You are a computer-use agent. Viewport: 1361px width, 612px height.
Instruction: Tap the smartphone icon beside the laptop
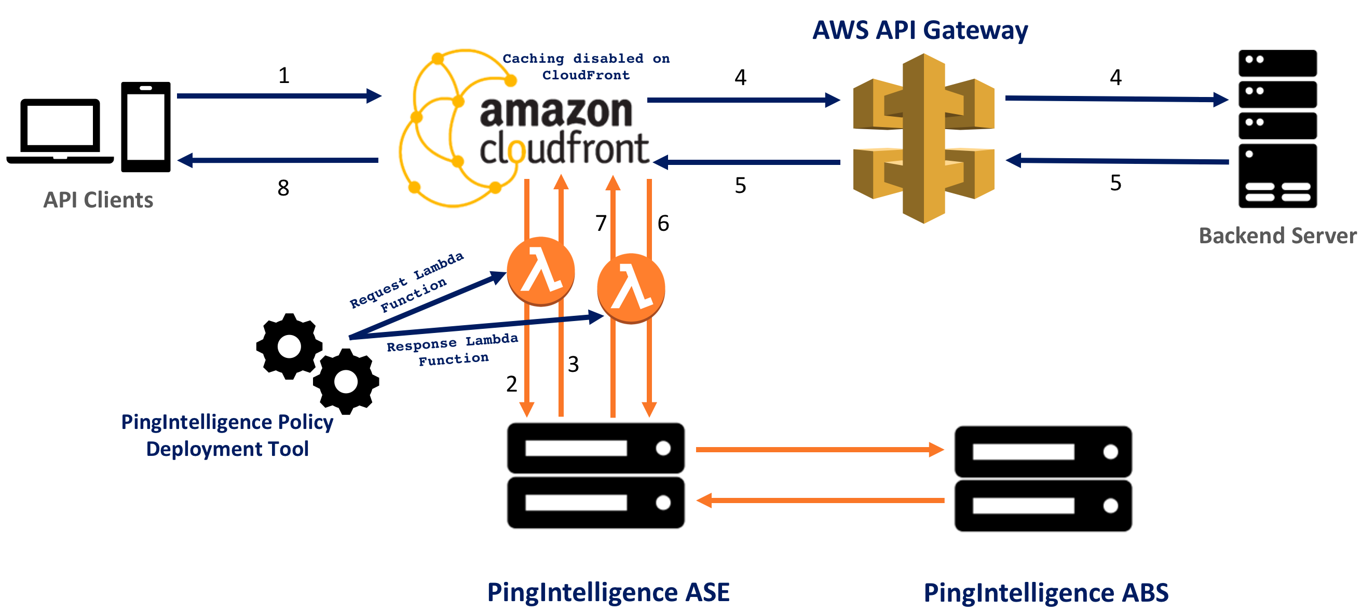click(146, 127)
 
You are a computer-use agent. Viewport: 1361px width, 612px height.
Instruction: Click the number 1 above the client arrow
click(284, 76)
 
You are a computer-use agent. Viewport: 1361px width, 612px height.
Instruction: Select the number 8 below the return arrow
click(283, 188)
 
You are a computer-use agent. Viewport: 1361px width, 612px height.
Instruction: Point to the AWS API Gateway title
click(920, 30)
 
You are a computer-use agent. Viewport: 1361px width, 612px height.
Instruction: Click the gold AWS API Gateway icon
click(923, 138)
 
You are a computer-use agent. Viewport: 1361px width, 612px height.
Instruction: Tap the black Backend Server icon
click(1277, 129)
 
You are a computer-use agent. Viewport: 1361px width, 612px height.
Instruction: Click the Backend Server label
click(1277, 235)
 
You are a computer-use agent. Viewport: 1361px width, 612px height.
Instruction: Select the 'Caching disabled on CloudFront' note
click(586, 66)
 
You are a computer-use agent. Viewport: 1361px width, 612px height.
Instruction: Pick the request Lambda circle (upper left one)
click(540, 271)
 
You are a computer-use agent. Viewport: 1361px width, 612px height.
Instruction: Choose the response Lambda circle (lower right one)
click(631, 288)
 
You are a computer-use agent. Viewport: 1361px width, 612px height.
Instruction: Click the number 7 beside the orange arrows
click(601, 224)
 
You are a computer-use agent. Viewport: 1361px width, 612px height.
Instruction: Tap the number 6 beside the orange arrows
click(663, 224)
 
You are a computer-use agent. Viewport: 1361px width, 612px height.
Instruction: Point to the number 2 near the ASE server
click(511, 384)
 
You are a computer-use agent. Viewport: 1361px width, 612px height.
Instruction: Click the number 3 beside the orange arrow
click(573, 365)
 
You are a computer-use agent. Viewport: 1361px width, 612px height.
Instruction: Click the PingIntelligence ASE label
click(608, 592)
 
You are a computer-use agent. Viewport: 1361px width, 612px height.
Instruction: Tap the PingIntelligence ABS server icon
click(1043, 478)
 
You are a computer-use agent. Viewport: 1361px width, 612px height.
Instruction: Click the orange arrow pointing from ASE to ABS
click(819, 450)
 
